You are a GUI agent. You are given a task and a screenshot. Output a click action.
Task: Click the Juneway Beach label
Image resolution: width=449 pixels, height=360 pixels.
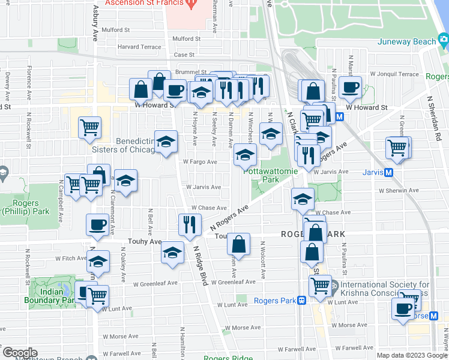[x=406, y=41]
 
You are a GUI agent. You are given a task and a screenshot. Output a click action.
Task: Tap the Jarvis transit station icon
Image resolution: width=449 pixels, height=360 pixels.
[x=388, y=173]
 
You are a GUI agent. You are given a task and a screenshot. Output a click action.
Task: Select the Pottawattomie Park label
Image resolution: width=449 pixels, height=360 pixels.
[x=264, y=175]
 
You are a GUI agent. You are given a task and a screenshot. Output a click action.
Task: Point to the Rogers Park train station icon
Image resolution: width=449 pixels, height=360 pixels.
[x=303, y=301]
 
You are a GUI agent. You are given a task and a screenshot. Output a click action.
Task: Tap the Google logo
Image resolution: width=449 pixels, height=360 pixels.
[x=19, y=353]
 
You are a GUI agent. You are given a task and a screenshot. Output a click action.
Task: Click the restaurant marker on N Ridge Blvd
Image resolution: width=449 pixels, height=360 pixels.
[x=190, y=225]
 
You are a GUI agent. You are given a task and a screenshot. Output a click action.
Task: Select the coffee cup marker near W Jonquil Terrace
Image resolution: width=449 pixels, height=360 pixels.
[x=350, y=87]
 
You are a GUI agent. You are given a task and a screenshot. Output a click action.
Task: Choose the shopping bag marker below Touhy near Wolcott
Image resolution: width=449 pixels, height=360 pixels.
[x=239, y=244]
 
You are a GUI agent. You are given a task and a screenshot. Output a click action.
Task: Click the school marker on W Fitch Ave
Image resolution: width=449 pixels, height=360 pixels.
[x=98, y=262]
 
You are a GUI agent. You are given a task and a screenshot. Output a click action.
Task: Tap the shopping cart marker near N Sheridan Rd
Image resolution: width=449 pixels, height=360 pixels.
[x=398, y=147]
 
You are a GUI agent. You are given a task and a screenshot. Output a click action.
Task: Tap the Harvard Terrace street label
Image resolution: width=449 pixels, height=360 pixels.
[x=140, y=47]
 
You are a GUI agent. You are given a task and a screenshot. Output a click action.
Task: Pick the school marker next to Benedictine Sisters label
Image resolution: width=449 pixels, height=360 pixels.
[x=166, y=142]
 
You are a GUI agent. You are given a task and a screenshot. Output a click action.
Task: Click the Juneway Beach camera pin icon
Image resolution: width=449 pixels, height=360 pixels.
[x=444, y=41]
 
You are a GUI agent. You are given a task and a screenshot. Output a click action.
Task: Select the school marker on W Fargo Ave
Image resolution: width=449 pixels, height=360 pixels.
[x=244, y=155]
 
